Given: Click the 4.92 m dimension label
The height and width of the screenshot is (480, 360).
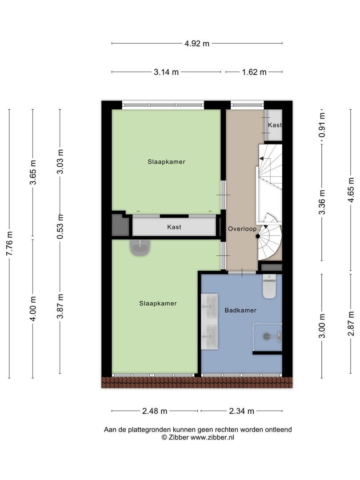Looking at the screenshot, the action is click(197, 44).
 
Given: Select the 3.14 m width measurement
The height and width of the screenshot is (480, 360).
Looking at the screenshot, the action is click(166, 72).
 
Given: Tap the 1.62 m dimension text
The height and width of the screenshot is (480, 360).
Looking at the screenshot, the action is click(254, 72).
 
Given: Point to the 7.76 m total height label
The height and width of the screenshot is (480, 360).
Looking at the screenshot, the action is click(9, 244).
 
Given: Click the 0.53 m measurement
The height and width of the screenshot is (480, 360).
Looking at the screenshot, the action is click(60, 227).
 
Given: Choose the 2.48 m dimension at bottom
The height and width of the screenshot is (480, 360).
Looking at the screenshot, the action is click(155, 411).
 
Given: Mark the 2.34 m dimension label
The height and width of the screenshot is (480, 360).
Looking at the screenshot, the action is click(241, 411).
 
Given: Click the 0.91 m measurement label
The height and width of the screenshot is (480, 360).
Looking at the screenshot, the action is click(322, 125).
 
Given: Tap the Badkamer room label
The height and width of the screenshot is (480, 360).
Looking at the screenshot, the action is click(240, 310).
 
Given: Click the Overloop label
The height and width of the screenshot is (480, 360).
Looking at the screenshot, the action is click(242, 229).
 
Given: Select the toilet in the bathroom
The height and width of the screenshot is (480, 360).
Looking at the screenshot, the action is click(269, 286).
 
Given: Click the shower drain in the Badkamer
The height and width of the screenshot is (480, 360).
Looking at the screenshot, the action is click(266, 336).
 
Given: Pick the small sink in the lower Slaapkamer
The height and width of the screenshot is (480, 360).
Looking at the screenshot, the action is click(140, 248).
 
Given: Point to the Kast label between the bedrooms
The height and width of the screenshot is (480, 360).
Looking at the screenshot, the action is click(174, 227).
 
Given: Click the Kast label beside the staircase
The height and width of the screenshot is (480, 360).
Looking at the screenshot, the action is click(275, 125).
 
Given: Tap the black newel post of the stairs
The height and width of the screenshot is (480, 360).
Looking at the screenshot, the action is click(258, 236).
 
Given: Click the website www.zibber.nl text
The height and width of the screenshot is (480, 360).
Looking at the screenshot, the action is click(212, 437).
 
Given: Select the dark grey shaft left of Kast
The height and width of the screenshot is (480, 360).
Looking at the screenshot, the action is click(120, 225).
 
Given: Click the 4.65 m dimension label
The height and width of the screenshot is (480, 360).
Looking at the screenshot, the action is click(351, 190).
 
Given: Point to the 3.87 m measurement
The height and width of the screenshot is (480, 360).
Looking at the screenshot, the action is click(60, 306).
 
